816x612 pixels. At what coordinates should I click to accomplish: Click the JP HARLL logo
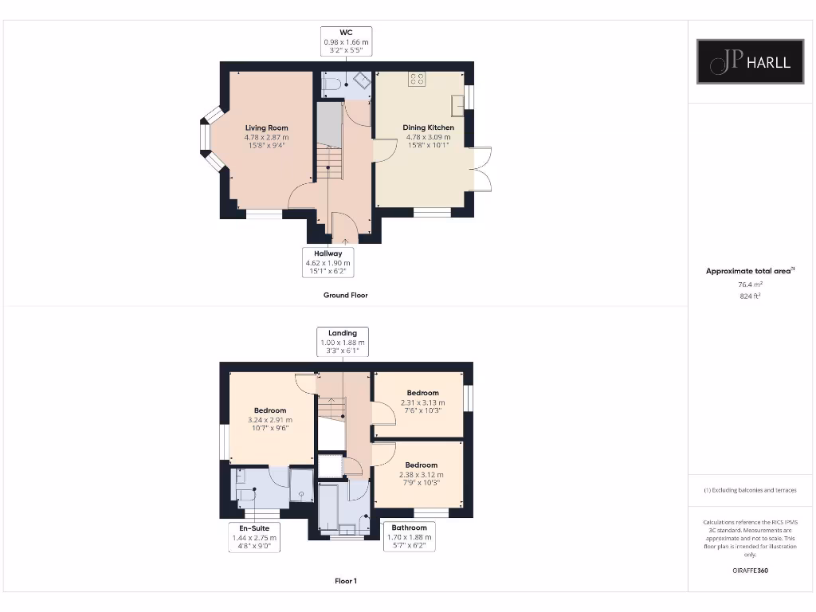(750, 61)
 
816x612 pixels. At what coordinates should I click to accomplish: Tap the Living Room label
(266, 127)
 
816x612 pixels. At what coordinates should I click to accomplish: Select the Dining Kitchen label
(428, 127)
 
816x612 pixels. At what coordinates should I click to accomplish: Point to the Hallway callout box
(328, 262)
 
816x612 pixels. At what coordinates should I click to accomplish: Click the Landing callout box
(343, 341)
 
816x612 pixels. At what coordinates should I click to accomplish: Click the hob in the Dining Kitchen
(417, 78)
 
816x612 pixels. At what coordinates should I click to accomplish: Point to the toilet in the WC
(333, 82)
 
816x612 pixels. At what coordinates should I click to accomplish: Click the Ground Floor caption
(345, 295)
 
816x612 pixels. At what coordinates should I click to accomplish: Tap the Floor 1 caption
(345, 581)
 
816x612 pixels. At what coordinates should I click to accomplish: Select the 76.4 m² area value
(749, 284)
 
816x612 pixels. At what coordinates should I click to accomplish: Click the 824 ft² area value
(749, 296)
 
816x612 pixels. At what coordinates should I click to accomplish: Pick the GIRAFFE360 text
(749, 571)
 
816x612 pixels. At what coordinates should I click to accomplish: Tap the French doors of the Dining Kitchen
(483, 170)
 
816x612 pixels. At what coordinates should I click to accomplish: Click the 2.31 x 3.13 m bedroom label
(422, 402)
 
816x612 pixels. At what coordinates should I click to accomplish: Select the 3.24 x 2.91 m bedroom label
(270, 419)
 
